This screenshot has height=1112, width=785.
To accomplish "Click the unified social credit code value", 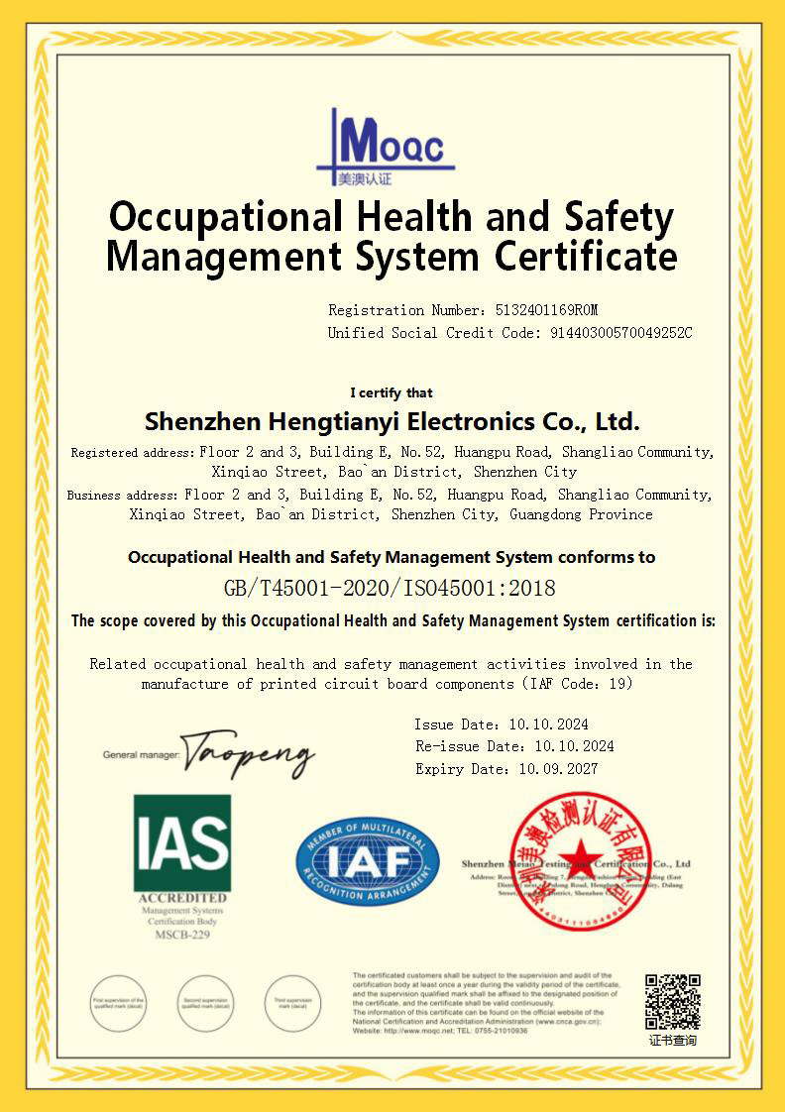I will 620,333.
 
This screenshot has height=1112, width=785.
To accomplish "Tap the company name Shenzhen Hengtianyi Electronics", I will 392,421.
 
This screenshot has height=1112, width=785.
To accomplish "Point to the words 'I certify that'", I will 392,392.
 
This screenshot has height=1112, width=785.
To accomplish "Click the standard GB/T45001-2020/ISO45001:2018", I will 390,588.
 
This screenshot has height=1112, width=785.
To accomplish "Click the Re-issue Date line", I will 513,746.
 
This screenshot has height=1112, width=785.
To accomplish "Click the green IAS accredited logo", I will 182,842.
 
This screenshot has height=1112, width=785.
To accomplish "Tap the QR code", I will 673,1001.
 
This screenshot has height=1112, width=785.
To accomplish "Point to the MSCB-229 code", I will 182,934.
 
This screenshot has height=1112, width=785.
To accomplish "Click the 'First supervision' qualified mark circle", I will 119,1003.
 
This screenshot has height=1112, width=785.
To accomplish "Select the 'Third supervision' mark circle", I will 293,1003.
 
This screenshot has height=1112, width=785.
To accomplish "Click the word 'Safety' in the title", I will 618,216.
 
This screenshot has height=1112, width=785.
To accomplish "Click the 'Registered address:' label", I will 133,453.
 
